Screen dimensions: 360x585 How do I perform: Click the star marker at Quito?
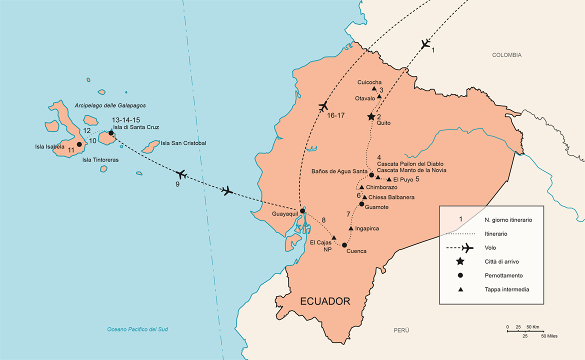(371, 116)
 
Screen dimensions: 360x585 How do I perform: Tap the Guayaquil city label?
(285, 214)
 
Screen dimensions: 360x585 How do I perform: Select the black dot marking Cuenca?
(344, 245)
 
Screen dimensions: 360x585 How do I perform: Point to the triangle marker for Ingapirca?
(351, 228)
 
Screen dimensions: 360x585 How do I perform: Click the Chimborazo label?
(381, 187)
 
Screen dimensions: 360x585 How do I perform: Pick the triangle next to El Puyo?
(389, 179)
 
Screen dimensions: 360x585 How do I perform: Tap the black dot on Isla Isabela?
(79, 144)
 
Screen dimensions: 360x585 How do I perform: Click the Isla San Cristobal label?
(183, 143)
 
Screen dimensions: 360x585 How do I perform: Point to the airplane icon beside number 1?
(425, 44)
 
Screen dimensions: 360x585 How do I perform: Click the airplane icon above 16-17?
(323, 106)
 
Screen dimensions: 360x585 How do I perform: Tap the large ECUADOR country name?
(325, 301)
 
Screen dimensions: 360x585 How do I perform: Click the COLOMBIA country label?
(506, 55)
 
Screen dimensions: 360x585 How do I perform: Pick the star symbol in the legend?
(460, 261)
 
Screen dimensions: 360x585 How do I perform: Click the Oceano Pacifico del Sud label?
(137, 329)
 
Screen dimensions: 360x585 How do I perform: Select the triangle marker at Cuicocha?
(374, 89)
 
